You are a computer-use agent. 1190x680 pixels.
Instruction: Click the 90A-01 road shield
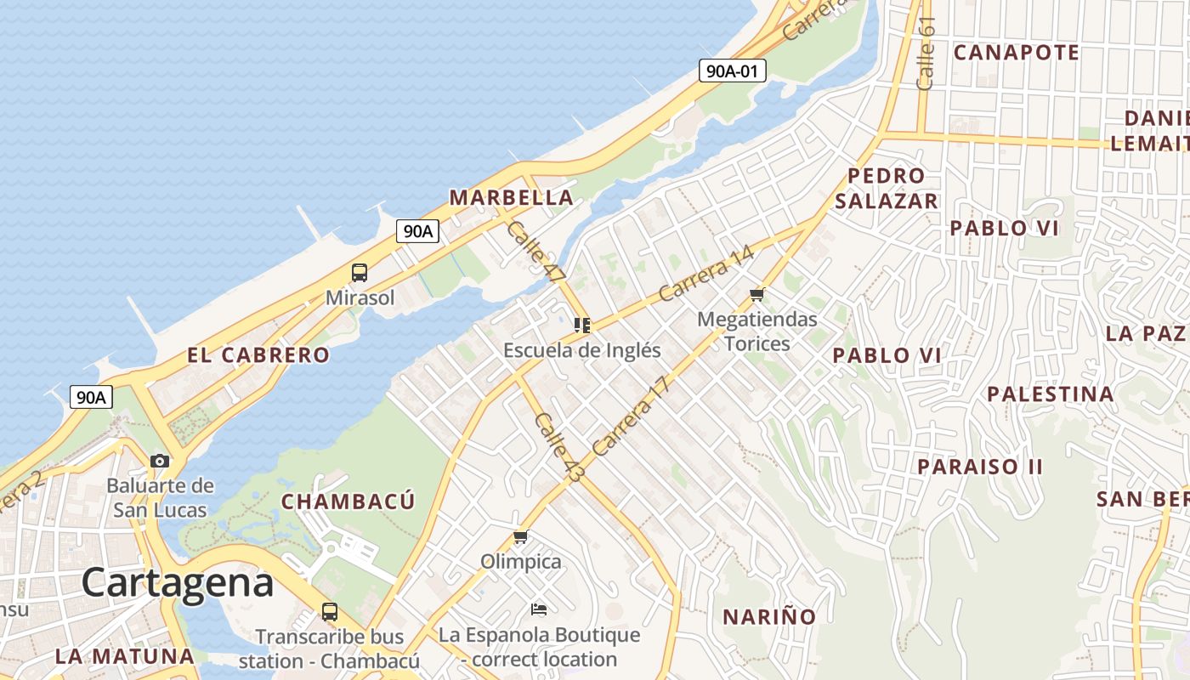[733, 71]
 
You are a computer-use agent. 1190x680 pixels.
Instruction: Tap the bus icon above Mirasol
[360, 273]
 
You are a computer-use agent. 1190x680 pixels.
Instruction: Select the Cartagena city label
[178, 584]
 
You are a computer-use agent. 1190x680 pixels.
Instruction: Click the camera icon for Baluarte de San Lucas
[160, 461]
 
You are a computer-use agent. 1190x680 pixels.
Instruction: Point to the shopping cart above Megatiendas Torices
[756, 295]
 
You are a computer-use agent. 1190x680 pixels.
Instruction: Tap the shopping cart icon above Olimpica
[521, 537]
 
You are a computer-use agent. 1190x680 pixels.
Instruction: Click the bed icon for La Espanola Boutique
[538, 609]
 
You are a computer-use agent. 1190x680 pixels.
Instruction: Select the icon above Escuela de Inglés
[582, 325]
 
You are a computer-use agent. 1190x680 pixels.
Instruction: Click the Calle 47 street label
[535, 252]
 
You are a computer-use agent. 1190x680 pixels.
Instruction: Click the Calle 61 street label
[926, 53]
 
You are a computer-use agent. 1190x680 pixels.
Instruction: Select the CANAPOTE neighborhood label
[1016, 53]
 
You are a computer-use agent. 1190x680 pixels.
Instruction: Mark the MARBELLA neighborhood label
[511, 198]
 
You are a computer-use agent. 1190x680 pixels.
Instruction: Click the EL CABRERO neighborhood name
[258, 355]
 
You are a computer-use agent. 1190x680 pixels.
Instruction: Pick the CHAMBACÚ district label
[348, 501]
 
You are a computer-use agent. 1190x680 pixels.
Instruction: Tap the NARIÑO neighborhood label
[768, 617]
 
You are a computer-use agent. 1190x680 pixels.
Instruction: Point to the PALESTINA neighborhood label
[1050, 394]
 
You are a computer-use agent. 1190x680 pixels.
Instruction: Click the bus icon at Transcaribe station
[329, 611]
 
